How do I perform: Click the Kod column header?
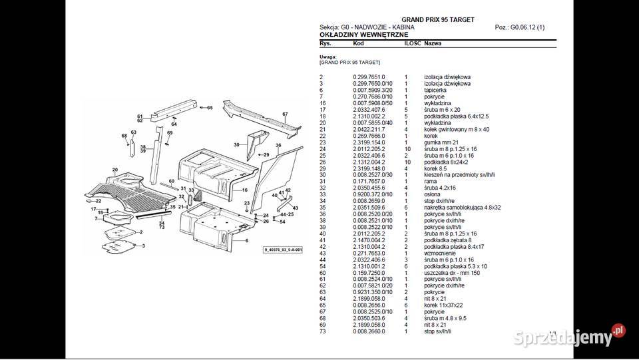click(x=358, y=43)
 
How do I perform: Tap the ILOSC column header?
click(x=412, y=43)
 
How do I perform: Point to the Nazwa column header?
click(x=433, y=43)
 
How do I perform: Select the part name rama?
click(x=430, y=181)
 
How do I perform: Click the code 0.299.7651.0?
click(x=369, y=77)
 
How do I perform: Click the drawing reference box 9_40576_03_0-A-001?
click(x=282, y=250)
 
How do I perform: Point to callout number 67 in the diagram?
click(x=284, y=114)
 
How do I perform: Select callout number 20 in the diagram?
click(x=115, y=170)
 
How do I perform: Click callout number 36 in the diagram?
click(x=279, y=144)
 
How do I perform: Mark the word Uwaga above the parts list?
click(x=327, y=57)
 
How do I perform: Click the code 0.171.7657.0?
click(x=369, y=181)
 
